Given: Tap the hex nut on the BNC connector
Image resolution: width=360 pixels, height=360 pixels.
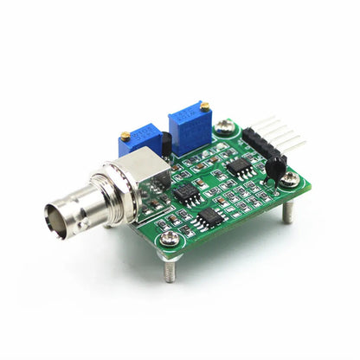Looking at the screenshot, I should tap(103, 187).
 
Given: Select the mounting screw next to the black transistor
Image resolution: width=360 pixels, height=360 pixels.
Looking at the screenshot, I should tap(291, 177).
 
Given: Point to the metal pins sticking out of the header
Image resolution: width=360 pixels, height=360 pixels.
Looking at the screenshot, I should tap(286, 134).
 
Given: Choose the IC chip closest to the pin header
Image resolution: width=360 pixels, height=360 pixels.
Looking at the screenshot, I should tap(243, 169).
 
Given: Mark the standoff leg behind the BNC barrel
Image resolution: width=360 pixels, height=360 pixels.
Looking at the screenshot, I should tap(108, 222).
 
